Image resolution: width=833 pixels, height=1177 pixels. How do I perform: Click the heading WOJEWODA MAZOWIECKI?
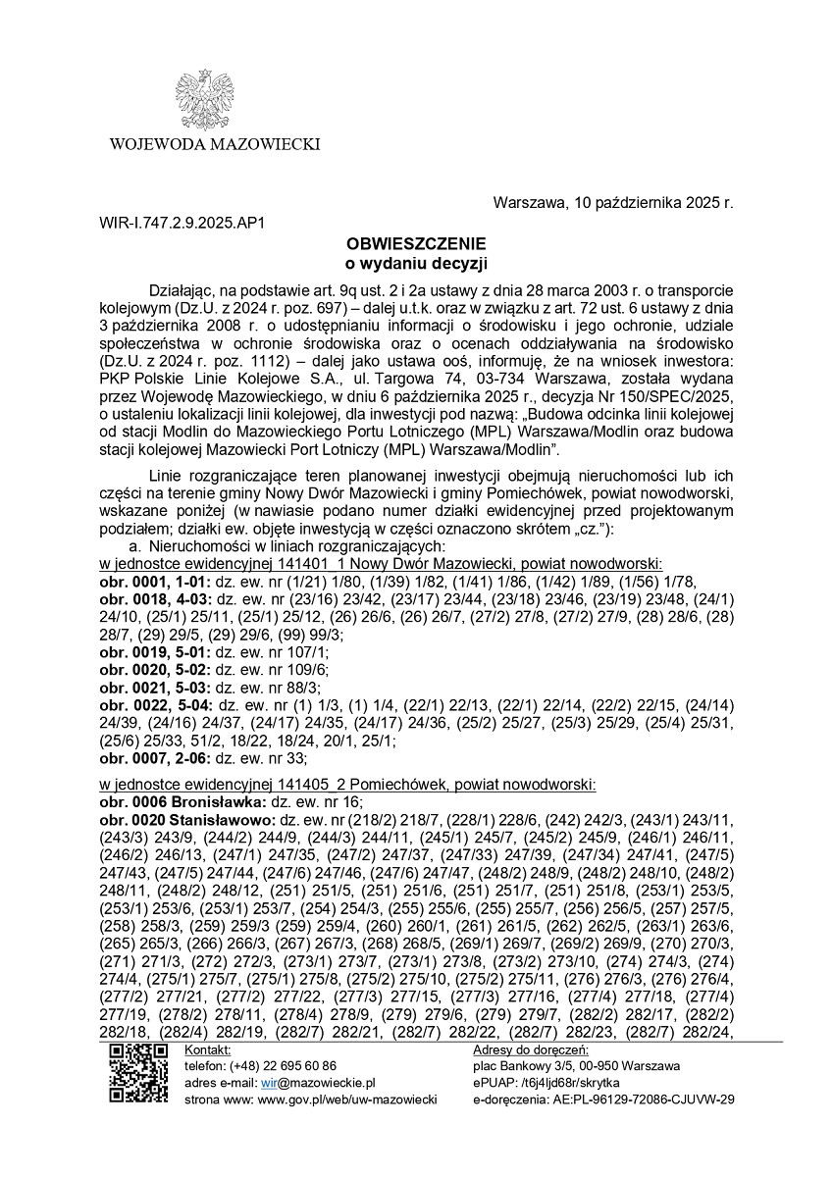(x=215, y=145)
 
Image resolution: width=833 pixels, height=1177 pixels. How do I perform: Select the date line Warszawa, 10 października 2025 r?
(x=613, y=204)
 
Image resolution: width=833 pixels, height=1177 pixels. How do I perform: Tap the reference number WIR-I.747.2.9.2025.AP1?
(x=182, y=224)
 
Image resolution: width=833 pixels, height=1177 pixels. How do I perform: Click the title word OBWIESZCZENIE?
(x=416, y=242)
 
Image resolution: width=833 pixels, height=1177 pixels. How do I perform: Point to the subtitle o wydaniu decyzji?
(x=416, y=262)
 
